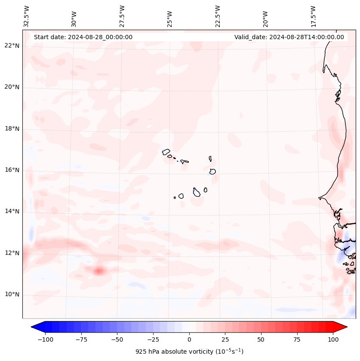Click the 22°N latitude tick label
tap(12, 46)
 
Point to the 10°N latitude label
tap(12, 295)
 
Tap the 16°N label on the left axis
tap(12, 170)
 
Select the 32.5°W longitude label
tap(27, 16)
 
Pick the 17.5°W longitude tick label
tap(313, 16)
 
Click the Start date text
tap(83, 37)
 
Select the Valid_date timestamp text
tap(289, 37)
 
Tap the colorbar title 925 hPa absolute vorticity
tap(189, 352)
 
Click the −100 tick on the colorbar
tap(45, 339)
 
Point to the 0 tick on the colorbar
tap(189, 339)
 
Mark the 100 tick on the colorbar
tap(333, 339)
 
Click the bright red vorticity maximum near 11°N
tap(99, 271)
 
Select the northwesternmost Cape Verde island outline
tap(166, 151)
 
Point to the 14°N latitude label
tap(12, 212)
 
